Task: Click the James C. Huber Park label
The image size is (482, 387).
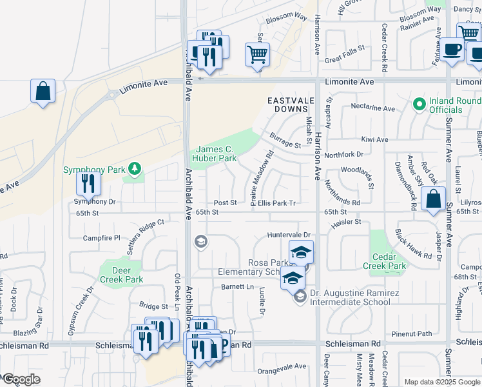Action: [215, 153]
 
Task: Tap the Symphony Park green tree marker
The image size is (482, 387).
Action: [135, 169]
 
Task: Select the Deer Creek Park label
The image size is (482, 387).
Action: [121, 275]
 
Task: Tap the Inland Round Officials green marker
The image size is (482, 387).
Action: [419, 103]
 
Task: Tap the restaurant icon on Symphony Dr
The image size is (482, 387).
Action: [88, 184]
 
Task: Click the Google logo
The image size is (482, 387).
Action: [21, 379]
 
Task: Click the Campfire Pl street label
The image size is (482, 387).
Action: [102, 238]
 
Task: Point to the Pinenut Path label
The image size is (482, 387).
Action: [415, 333]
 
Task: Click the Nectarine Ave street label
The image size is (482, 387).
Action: [372, 108]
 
